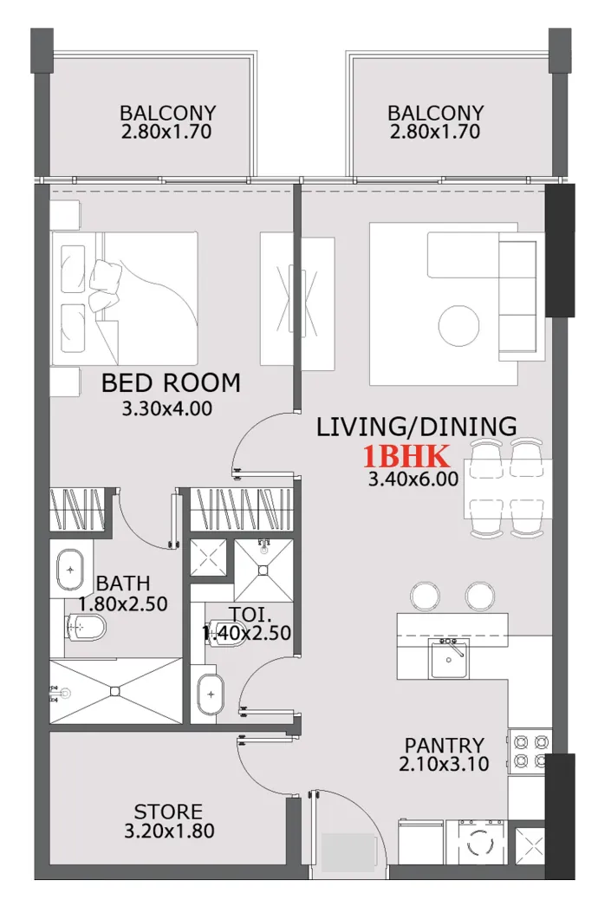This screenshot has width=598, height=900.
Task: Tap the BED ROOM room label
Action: point(171,382)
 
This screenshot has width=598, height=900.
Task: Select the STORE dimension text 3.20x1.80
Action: point(169,831)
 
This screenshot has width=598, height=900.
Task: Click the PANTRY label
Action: point(444,745)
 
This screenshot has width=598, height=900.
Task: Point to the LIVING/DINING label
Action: point(416,427)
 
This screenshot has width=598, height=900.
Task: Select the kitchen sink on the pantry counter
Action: point(449,661)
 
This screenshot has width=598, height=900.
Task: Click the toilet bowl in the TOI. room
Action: point(224,630)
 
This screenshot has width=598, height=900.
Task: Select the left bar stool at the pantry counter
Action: point(425,596)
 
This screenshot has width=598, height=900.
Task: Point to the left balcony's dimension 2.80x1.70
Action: point(167,132)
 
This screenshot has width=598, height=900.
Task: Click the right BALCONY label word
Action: point(435,114)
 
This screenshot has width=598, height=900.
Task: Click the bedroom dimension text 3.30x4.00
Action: point(169,408)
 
